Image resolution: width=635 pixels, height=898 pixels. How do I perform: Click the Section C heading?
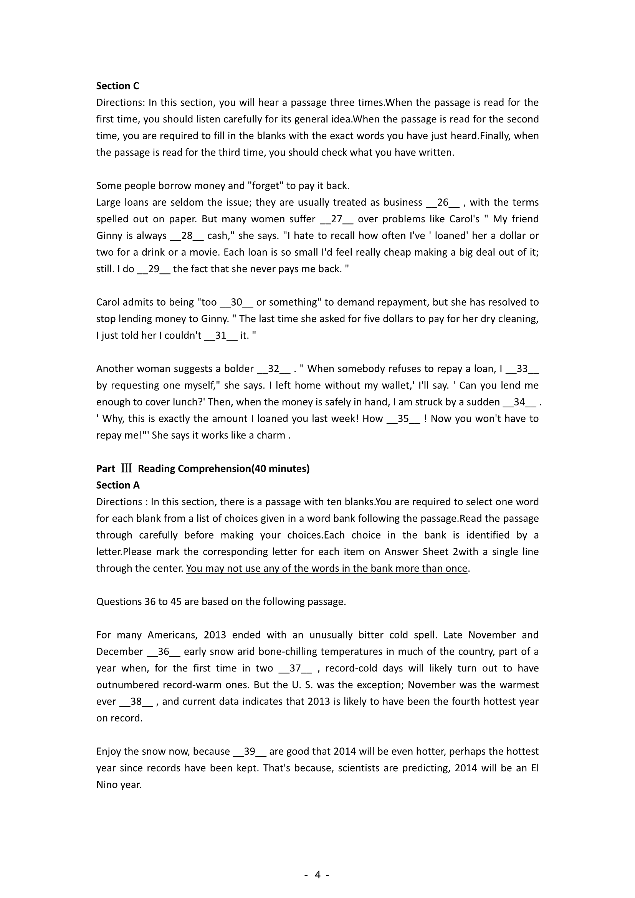[x=117, y=86]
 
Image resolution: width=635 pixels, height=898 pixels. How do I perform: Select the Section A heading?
[x=118, y=485]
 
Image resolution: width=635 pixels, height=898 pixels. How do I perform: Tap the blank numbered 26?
[x=442, y=202]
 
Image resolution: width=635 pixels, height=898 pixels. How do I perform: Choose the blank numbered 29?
[x=154, y=269]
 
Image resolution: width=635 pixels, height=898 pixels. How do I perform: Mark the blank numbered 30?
[x=236, y=302]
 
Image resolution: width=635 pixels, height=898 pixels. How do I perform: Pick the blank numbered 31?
[x=221, y=335]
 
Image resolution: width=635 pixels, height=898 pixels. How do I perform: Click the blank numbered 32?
[x=273, y=369]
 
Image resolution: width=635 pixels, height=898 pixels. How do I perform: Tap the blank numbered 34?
[x=519, y=402]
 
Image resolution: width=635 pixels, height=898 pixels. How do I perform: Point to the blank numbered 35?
[x=403, y=418]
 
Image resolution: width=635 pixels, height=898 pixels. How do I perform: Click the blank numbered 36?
[x=164, y=651]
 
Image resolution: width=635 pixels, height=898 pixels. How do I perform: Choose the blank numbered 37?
[x=295, y=668]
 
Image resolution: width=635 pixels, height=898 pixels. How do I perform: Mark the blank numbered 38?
[x=136, y=701]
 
